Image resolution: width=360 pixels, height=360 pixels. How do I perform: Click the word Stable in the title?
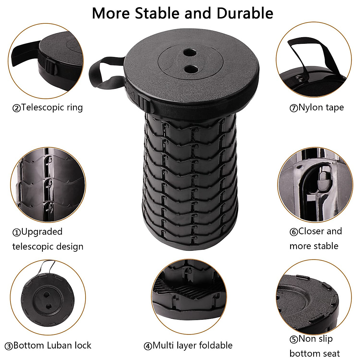tap(157, 13)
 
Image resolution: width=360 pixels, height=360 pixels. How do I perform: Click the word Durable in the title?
tap(245, 13)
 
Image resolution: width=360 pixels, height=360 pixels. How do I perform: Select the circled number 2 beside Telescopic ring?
tap(16, 108)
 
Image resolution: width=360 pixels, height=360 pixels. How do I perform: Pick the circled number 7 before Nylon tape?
tap(293, 108)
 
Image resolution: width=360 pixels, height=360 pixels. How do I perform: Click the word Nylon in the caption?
tap(310, 107)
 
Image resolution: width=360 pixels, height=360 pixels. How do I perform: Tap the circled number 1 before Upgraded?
tap(16, 232)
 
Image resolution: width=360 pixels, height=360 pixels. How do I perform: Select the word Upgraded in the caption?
tap(42, 232)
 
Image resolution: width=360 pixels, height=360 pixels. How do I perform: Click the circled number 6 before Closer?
tap(293, 232)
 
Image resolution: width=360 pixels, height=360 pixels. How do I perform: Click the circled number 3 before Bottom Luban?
tap(9, 346)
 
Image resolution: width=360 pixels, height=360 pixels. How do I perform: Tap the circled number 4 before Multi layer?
tap(148, 346)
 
